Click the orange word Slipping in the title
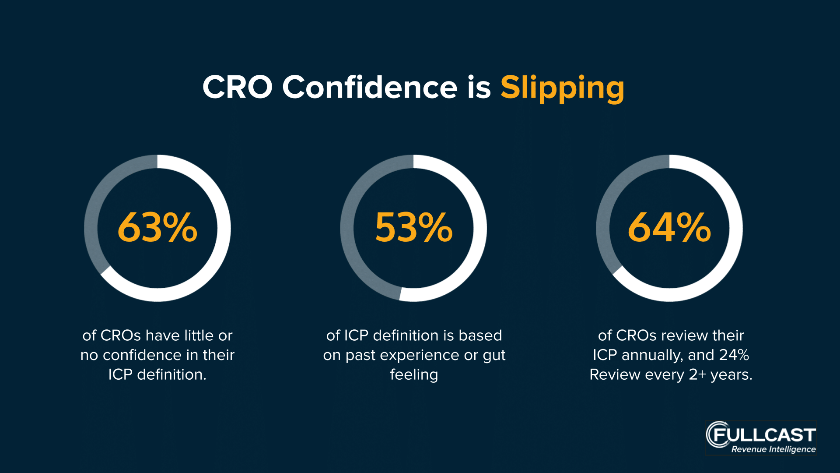click(562, 88)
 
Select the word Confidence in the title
click(370, 87)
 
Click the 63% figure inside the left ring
click(157, 227)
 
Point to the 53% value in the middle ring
click(414, 227)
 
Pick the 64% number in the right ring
click(669, 227)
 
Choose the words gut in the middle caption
click(494, 356)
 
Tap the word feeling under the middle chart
click(414, 375)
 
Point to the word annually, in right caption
click(652, 355)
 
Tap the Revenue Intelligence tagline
click(773, 449)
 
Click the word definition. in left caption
click(171, 374)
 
